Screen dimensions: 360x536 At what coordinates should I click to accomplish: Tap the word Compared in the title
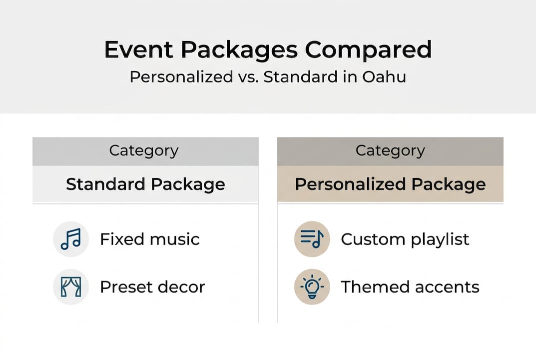point(369,50)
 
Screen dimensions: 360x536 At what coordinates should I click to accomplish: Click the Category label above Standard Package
point(144,150)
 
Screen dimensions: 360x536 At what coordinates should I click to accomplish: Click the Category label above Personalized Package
point(390,150)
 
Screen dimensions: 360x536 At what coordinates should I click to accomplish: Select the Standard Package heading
point(145,184)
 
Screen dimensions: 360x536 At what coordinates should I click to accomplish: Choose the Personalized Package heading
point(390,184)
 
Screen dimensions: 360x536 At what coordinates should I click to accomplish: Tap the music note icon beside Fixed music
point(70,239)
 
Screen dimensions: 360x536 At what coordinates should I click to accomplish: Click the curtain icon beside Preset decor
point(70,287)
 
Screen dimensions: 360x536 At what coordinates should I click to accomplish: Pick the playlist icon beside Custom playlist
point(312,239)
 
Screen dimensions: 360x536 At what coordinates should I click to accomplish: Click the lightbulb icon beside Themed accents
point(312,287)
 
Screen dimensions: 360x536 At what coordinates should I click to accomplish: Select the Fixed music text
point(149,239)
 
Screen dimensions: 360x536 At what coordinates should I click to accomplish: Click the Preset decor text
point(152,287)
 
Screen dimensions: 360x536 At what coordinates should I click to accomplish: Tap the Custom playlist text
point(405,239)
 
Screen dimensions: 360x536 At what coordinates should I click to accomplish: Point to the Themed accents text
point(410,287)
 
